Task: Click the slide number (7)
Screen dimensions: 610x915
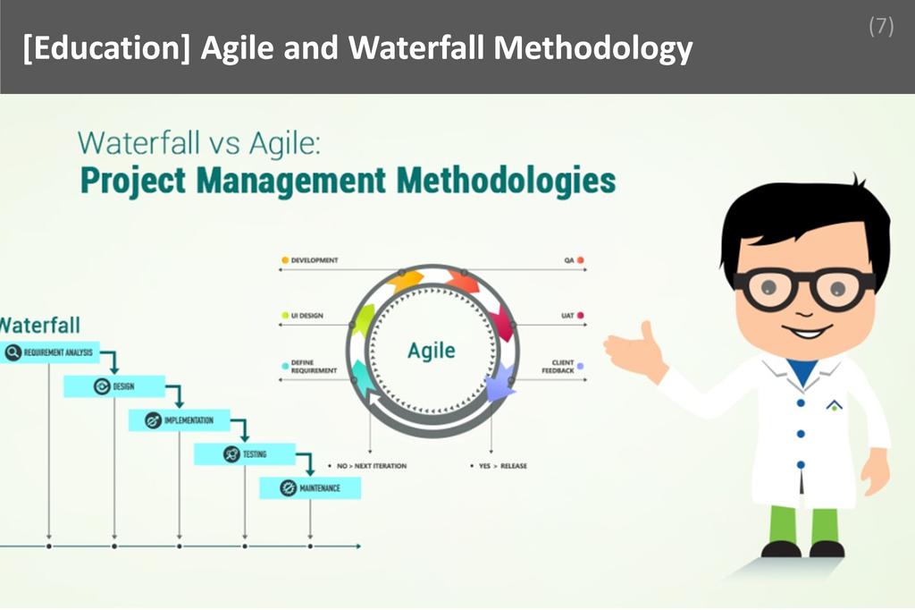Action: pos(880,27)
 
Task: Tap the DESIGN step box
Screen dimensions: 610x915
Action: pos(113,386)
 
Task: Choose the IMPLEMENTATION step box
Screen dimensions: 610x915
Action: pos(179,420)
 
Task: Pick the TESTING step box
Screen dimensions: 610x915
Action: pos(243,454)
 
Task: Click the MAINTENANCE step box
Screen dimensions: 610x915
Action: pos(309,488)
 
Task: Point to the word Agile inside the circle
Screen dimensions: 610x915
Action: pos(431,350)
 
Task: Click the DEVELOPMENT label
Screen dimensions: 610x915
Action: pos(314,260)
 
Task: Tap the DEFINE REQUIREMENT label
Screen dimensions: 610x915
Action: pos(313,367)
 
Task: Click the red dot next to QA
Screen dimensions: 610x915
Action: pos(581,260)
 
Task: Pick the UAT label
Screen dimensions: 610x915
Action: pos(567,316)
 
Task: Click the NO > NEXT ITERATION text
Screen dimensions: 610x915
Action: pos(370,466)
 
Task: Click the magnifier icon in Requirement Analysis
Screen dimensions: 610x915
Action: pos(13,352)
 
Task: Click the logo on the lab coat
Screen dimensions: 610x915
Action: pos(834,406)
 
